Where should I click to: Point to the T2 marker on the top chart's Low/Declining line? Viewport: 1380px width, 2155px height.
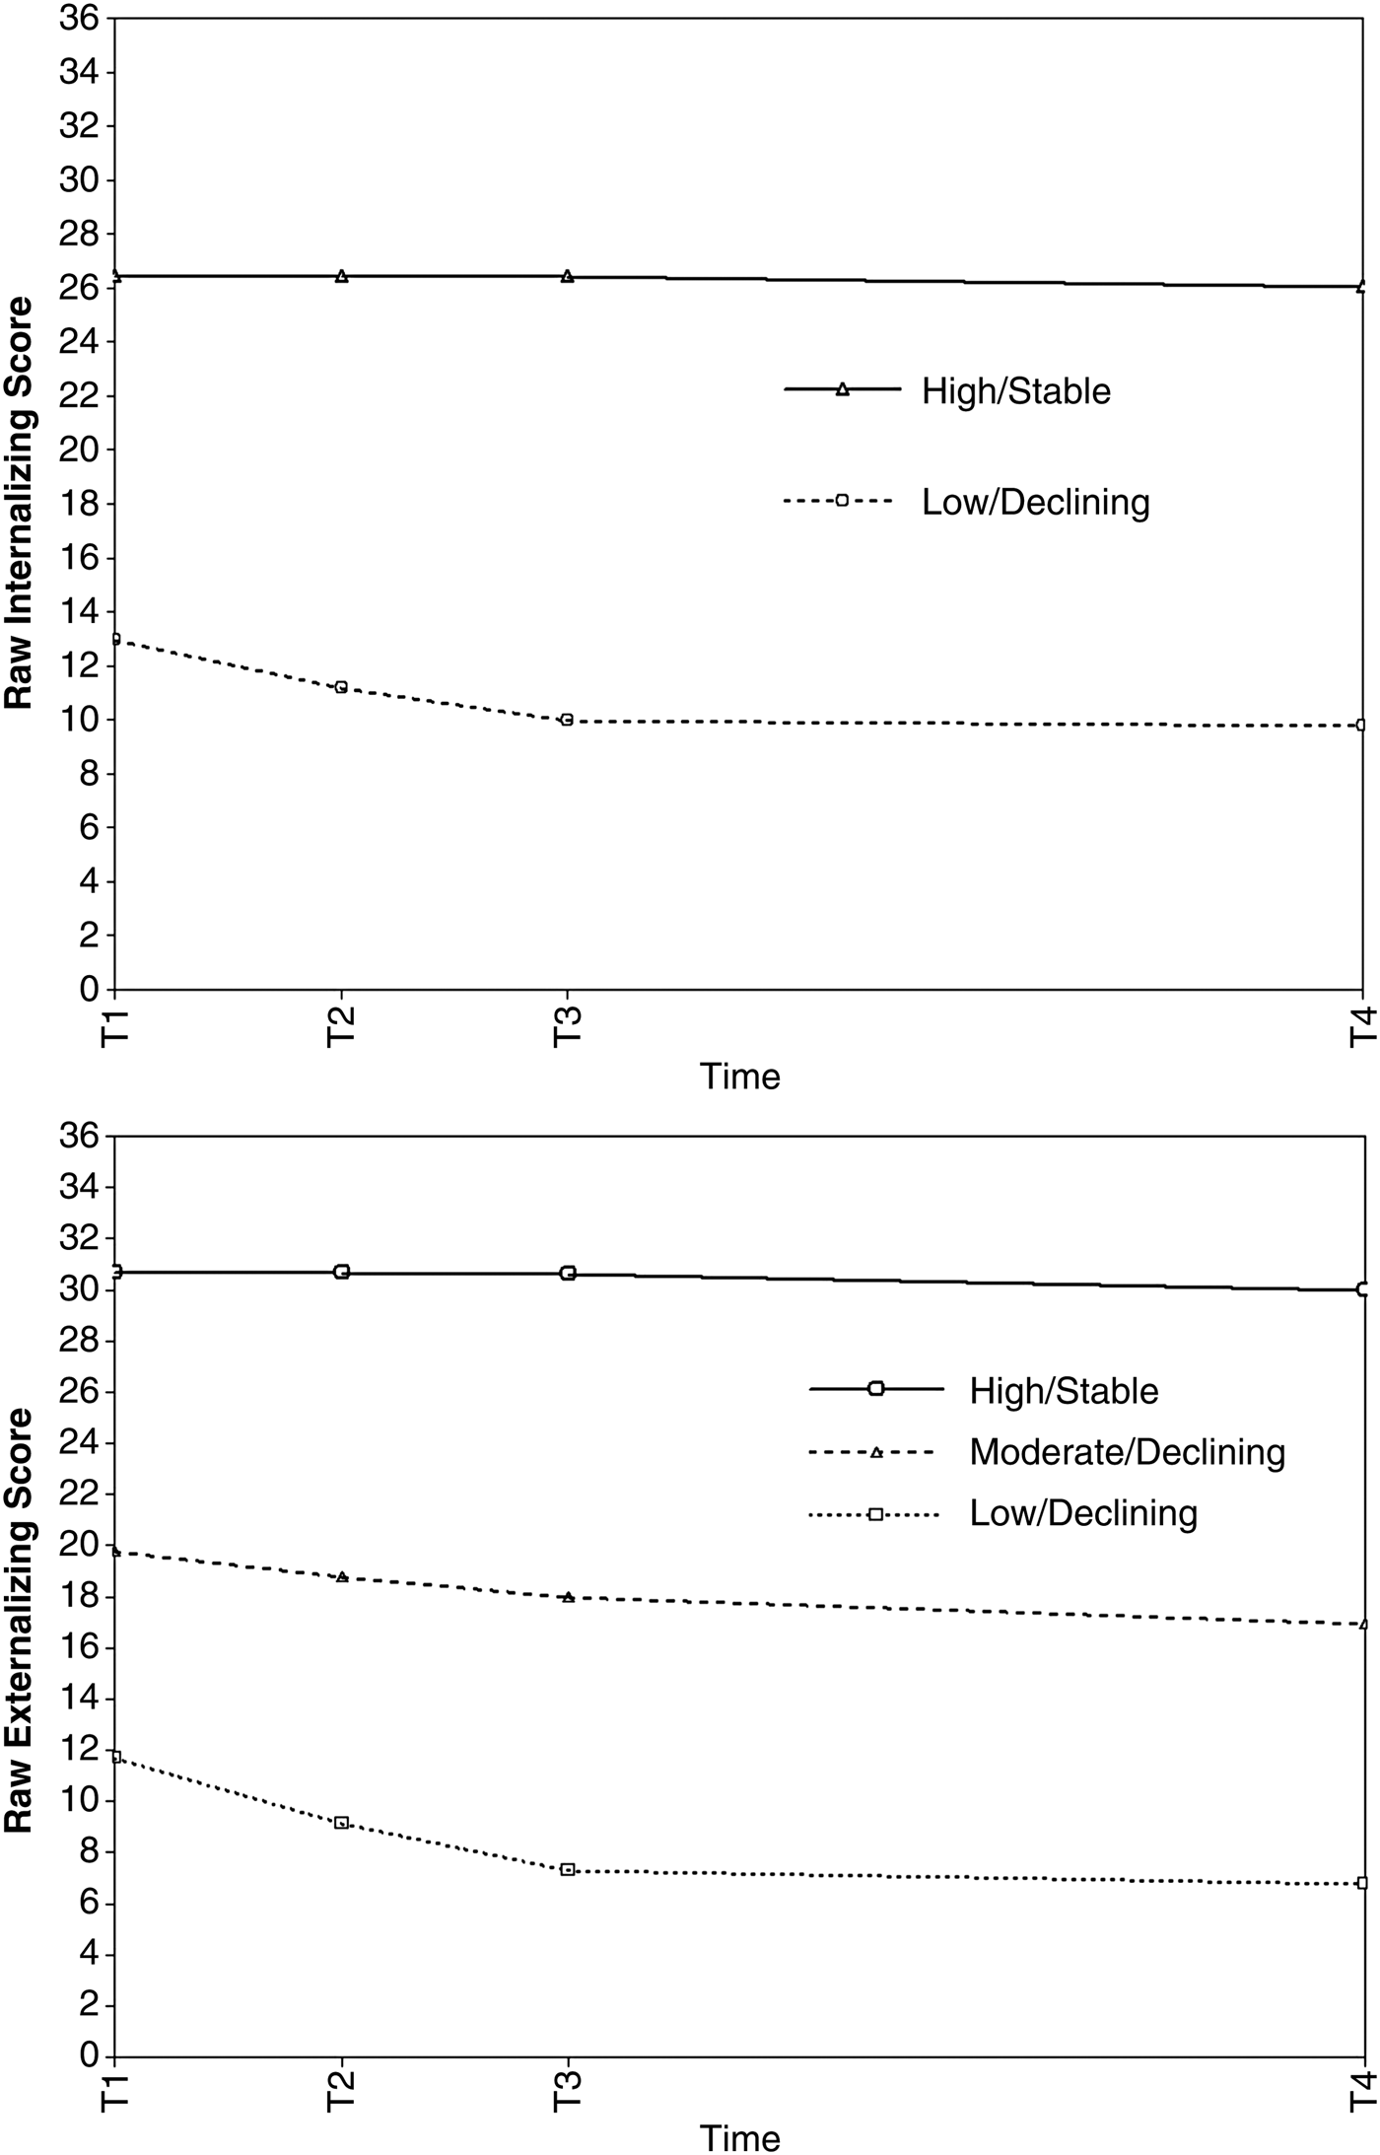coord(341,687)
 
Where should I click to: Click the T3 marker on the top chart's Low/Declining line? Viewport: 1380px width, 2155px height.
coord(567,720)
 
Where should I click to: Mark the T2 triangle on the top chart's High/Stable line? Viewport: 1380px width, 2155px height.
coord(341,276)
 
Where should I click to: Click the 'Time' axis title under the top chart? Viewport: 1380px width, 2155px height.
coord(739,1076)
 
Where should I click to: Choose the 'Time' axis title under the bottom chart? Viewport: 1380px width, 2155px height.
coord(739,2132)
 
